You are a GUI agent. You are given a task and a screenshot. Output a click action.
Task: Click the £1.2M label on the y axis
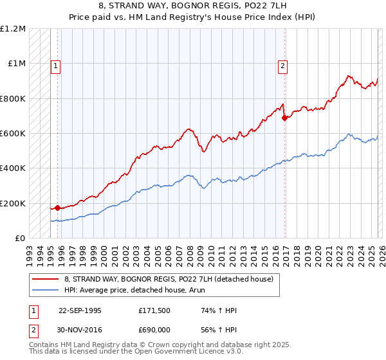(14, 29)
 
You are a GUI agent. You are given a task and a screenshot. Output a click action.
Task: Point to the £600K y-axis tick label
(14, 134)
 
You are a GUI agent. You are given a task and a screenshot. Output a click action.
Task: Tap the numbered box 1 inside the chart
(55, 64)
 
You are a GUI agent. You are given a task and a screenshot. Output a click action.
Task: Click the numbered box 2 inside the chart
(282, 64)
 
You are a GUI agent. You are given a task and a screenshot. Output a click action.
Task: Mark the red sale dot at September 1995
(58, 208)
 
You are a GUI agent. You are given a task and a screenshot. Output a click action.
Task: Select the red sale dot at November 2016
(284, 118)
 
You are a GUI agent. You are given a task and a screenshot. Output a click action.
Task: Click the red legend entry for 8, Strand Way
(169, 279)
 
